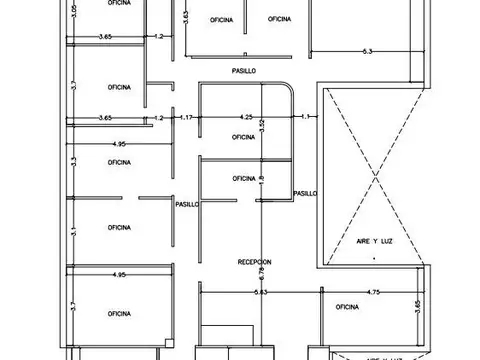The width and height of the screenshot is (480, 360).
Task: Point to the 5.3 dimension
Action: click(367, 50)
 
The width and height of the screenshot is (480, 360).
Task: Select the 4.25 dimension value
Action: click(246, 117)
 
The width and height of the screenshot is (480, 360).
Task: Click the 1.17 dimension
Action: click(186, 117)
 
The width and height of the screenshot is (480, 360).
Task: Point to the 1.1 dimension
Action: click(306, 117)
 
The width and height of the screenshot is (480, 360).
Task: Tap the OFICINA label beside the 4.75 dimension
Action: click(347, 306)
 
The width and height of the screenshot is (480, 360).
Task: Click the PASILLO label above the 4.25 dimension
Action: click(243, 71)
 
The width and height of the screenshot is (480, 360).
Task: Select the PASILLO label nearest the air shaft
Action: click(305, 193)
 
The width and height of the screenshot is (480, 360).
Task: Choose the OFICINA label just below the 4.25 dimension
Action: click(243, 137)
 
